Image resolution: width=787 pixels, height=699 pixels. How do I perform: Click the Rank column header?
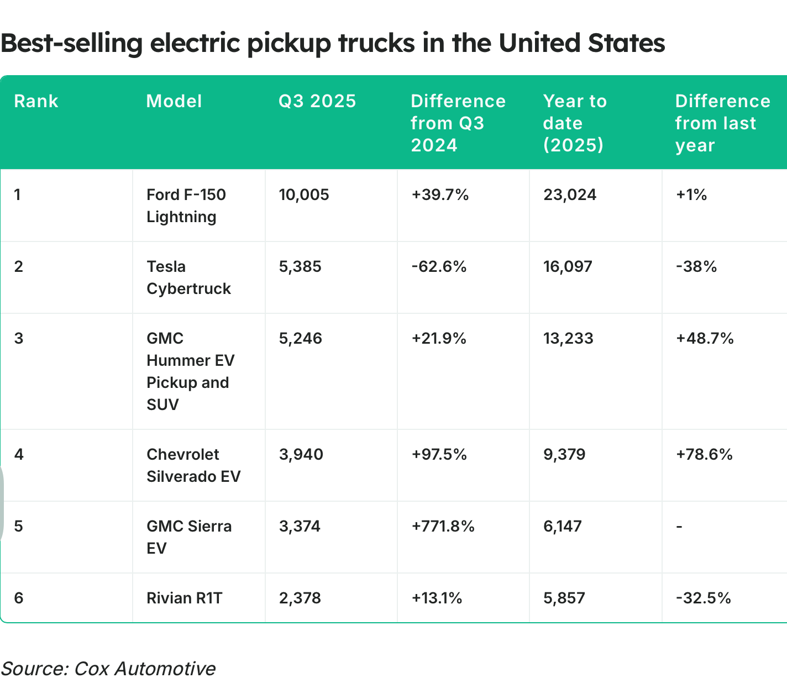pyautogui.click(x=36, y=101)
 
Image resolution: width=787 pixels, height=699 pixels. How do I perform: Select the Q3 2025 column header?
pyautogui.click(x=317, y=101)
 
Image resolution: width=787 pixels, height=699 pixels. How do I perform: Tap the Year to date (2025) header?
pyautogui.click(x=575, y=123)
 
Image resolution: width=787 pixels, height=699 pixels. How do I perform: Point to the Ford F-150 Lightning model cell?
pyautogui.click(x=186, y=206)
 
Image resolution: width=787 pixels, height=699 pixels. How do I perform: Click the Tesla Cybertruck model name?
pyautogui.click(x=188, y=277)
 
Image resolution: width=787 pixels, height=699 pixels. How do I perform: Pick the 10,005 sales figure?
pyautogui.click(x=304, y=195)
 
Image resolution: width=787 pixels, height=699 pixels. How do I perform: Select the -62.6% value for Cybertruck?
pyautogui.click(x=439, y=266)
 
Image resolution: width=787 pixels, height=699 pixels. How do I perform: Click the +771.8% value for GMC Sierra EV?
pyautogui.click(x=443, y=526)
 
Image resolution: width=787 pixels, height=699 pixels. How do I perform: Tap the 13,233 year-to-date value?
pyautogui.click(x=568, y=338)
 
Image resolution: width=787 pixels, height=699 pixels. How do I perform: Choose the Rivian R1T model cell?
pyautogui.click(x=184, y=598)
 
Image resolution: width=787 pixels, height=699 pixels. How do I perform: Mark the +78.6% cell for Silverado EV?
pyautogui.click(x=704, y=454)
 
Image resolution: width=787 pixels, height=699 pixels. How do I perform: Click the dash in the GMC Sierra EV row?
pyautogui.click(x=679, y=527)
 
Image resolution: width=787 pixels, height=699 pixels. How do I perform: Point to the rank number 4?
pyautogui.click(x=19, y=454)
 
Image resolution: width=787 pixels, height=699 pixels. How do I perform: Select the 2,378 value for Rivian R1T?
pyautogui.click(x=300, y=598)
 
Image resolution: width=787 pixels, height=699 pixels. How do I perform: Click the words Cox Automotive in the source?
pyautogui.click(x=145, y=669)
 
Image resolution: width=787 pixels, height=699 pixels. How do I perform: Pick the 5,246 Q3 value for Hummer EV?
pyautogui.click(x=301, y=338)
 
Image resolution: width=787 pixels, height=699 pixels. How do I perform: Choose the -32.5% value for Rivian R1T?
pyautogui.click(x=704, y=598)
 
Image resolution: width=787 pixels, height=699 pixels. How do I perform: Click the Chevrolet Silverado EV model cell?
pyautogui.click(x=193, y=465)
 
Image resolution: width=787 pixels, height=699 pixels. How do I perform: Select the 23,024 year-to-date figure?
pyautogui.click(x=570, y=195)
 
